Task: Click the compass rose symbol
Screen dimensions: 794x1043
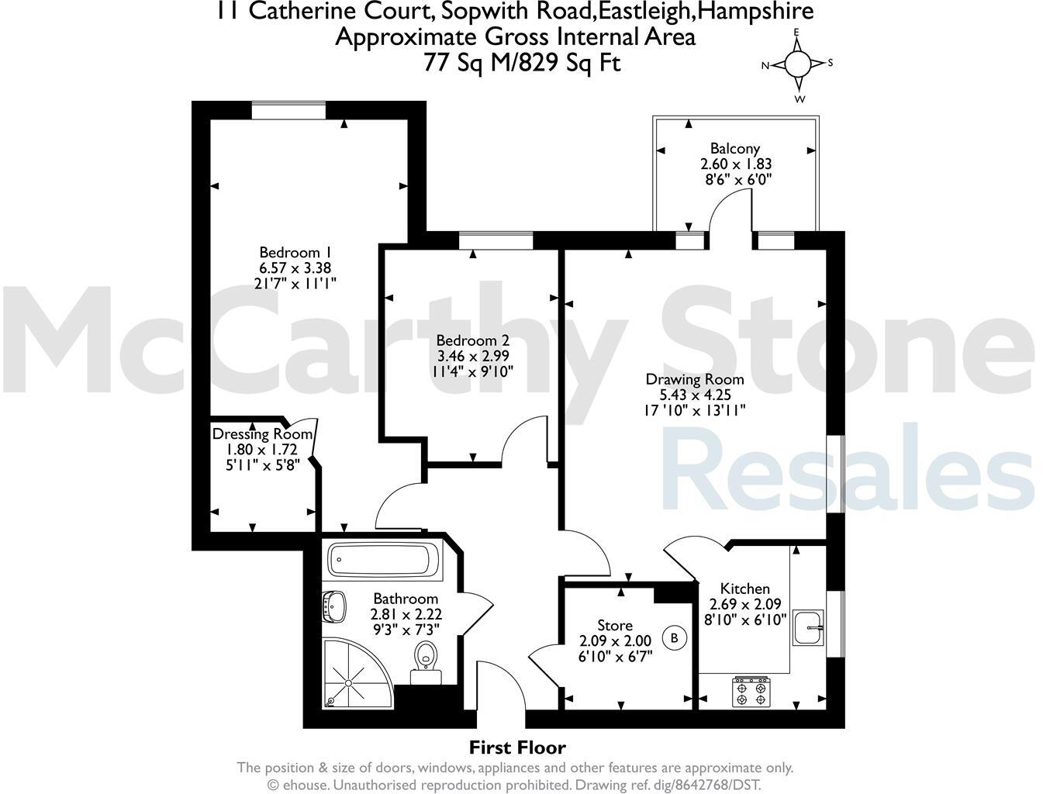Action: (x=797, y=64)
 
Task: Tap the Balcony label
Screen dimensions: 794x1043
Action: (x=735, y=148)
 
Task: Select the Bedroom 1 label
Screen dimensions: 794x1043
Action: (x=295, y=252)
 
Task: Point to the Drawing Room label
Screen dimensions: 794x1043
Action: (x=695, y=379)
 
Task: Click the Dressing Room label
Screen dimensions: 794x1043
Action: (x=262, y=434)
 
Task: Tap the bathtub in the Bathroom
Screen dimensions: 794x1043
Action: (x=383, y=561)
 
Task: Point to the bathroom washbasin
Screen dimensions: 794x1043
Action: (x=335, y=606)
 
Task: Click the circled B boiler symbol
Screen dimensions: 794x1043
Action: (x=674, y=638)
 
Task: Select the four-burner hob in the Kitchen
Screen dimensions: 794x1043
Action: (x=751, y=692)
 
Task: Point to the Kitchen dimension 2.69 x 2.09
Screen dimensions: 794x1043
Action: (x=745, y=604)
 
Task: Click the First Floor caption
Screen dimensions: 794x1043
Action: (x=517, y=747)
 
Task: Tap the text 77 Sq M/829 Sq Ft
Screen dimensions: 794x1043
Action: (x=521, y=62)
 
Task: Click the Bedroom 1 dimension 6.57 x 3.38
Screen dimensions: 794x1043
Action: (x=295, y=268)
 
